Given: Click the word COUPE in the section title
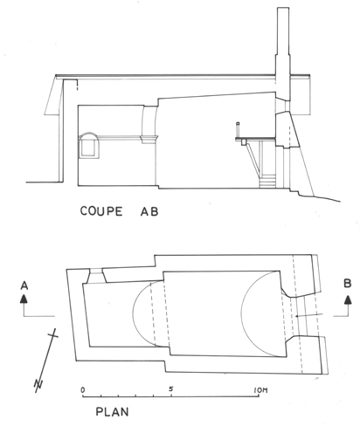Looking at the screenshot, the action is coord(101,211).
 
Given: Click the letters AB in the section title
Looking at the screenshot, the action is coord(149,211).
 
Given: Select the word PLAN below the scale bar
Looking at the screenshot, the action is coord(112,412).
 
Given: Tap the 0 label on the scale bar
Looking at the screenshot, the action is coord(83,389).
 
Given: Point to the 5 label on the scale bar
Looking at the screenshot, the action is coord(171,389).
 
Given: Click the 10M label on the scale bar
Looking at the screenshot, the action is coord(260,390).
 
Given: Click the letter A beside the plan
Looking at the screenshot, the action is coord(24,285).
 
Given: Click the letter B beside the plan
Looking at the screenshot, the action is coord(347,284).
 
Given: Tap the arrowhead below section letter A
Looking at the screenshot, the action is coord(24,299).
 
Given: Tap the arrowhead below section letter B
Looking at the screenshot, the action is coord(348,299).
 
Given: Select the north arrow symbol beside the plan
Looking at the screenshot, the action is coord(46,361).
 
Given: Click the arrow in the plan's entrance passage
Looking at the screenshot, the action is coord(308,315).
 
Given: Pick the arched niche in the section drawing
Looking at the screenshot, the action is coord(89,146).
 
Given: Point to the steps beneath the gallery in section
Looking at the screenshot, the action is coord(267,181).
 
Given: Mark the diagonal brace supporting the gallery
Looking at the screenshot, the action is coord(253,159).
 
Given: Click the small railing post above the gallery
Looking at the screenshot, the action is coord(238,130).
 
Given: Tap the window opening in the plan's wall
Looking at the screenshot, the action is coord(95,276).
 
